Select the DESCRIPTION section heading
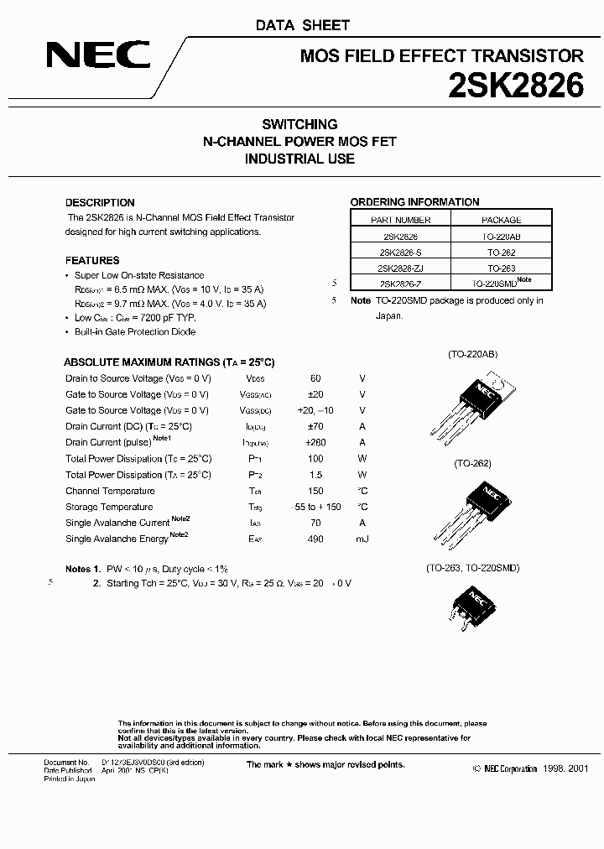click(100, 202)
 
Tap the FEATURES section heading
click(92, 260)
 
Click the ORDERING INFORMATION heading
click(414, 202)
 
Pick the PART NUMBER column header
click(400, 220)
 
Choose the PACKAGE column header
click(501, 220)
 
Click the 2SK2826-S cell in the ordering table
click(400, 252)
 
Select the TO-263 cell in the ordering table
click(501, 268)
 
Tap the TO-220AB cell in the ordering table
click(501, 237)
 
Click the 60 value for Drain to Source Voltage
click(315, 378)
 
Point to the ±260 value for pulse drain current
click(315, 442)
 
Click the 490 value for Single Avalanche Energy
click(315, 539)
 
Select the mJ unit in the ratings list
click(362, 539)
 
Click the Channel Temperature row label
click(110, 491)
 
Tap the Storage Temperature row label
click(109, 507)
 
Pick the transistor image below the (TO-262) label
click(471, 511)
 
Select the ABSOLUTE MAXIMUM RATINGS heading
click(169, 362)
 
